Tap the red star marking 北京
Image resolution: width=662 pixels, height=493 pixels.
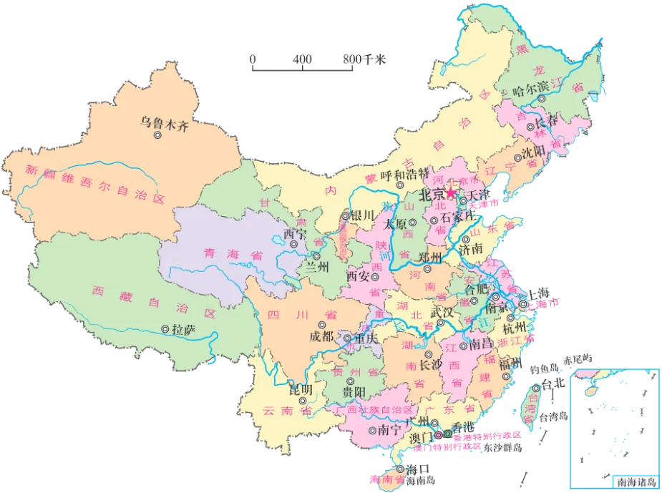(x=451, y=193)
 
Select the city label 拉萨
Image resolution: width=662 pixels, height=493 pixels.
(x=183, y=330)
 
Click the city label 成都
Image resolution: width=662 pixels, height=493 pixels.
(x=321, y=336)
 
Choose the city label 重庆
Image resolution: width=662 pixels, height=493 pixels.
(x=366, y=338)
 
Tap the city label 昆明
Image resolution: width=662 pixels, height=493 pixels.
(x=300, y=389)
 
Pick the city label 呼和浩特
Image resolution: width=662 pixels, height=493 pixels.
(x=404, y=175)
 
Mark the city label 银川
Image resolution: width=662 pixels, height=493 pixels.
(x=362, y=215)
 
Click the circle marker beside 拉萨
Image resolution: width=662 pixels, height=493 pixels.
(x=166, y=331)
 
